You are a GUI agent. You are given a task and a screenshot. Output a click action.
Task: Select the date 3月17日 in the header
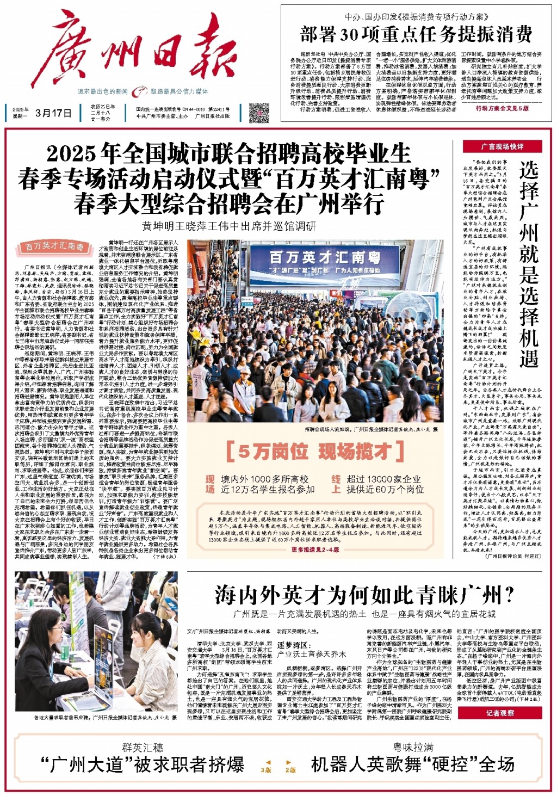[x=53, y=113]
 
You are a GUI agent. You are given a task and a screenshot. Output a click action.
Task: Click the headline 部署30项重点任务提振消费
[x=416, y=34]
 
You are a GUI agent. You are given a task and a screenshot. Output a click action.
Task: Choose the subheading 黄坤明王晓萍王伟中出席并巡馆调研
[x=229, y=226]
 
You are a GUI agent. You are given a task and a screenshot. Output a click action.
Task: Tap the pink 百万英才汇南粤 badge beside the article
[x=55, y=246]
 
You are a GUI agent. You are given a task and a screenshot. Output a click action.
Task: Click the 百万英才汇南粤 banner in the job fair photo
[x=325, y=256]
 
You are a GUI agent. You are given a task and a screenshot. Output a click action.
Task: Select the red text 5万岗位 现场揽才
[x=315, y=451]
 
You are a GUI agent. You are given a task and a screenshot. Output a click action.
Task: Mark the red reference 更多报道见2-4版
[x=315, y=550]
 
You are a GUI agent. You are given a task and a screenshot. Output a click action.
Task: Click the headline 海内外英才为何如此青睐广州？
[x=364, y=595]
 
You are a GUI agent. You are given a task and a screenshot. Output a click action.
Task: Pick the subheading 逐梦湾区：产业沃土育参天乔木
[x=311, y=650]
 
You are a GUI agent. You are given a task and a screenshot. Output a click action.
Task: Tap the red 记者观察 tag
[x=500, y=713]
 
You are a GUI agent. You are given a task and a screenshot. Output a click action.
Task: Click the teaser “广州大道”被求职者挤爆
[x=143, y=764]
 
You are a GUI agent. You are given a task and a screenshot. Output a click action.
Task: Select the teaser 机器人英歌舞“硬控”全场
[x=413, y=764]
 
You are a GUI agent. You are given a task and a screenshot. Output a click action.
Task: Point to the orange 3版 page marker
[x=266, y=770]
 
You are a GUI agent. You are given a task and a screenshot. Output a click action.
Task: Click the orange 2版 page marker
[x=290, y=770]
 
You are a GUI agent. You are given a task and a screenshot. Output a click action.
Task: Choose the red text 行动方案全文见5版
[x=502, y=108]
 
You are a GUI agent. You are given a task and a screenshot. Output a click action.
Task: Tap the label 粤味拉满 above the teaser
[x=413, y=747]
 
